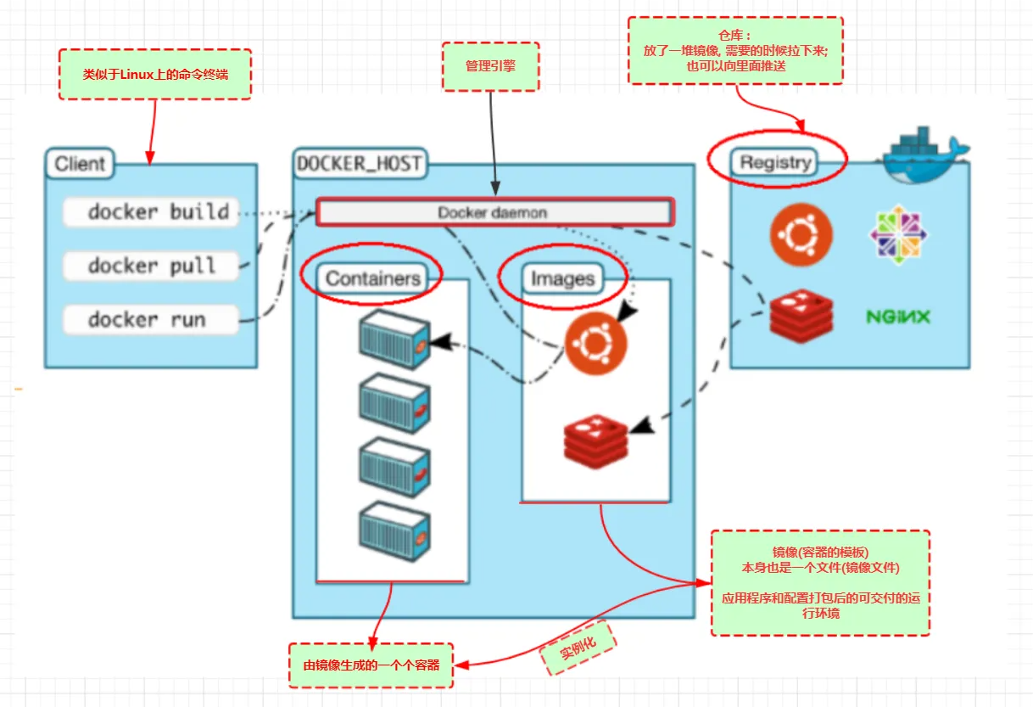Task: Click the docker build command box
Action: (x=150, y=212)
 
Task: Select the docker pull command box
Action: (x=150, y=267)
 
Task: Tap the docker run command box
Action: (x=150, y=320)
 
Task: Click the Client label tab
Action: (x=80, y=163)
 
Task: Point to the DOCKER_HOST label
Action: (x=359, y=163)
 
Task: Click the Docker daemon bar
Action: (x=494, y=212)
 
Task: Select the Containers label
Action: (x=373, y=278)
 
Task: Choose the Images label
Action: (x=562, y=278)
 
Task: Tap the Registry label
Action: (x=775, y=162)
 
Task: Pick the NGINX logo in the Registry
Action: (x=898, y=317)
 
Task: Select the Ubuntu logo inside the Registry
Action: (x=801, y=234)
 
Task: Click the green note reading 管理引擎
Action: (x=490, y=66)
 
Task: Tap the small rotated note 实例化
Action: (x=578, y=647)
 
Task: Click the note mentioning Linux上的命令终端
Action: (x=155, y=74)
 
